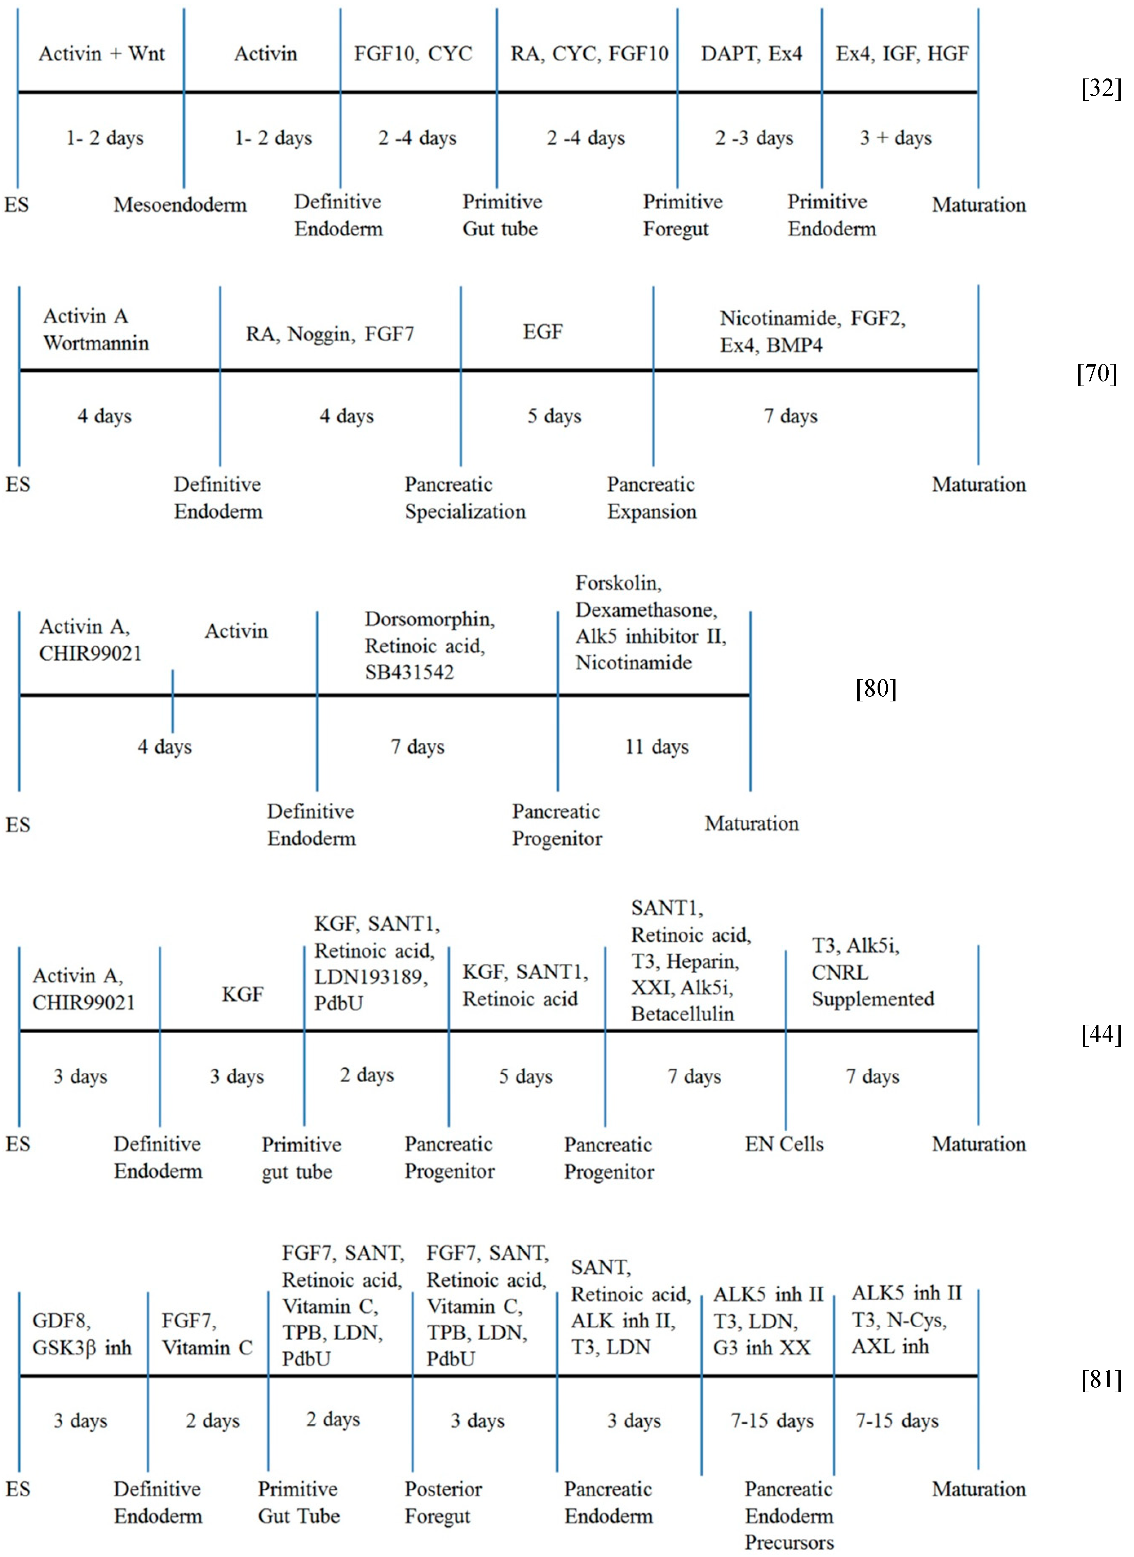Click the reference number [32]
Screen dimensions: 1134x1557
coord(1101,89)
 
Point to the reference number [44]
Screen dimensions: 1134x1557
coord(1101,1034)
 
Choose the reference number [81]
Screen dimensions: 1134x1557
coord(1101,1379)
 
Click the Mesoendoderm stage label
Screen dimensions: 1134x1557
coord(180,205)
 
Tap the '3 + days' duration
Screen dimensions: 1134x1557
coord(895,138)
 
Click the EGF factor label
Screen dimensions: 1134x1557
coord(543,332)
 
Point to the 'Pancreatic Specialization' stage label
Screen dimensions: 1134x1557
coord(465,498)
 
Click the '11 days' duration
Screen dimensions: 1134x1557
coord(657,747)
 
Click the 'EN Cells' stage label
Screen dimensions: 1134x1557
coord(784,1144)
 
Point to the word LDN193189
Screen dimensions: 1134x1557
coord(371,977)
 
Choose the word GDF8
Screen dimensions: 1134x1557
coord(61,1321)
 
